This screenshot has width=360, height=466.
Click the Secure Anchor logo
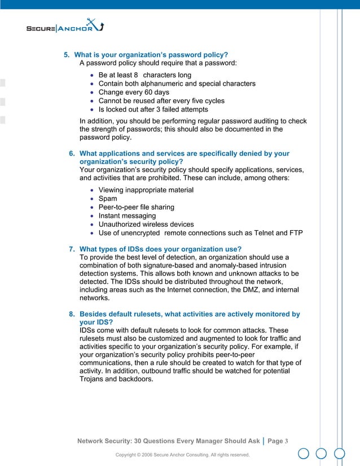tap(65, 27)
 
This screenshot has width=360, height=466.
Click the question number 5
tap(65, 55)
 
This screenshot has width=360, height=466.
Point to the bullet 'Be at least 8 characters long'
tap(144, 75)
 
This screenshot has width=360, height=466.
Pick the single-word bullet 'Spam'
tap(108, 199)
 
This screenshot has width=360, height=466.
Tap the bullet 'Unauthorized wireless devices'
tap(146, 224)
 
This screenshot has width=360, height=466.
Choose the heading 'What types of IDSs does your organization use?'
tap(160, 249)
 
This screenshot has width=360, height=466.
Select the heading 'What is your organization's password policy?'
tap(151, 55)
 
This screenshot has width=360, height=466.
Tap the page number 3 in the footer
tap(287, 441)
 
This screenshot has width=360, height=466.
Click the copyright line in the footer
tap(182, 455)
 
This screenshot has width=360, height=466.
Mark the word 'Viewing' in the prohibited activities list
tap(113, 190)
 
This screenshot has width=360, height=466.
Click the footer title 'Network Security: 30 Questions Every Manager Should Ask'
tap(168, 441)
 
